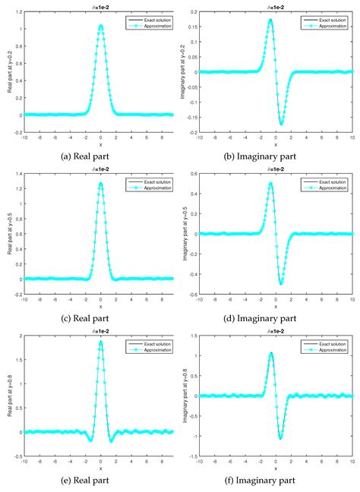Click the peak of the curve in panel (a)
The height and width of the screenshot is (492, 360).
[101, 26]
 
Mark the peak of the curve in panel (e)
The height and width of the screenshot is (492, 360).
[101, 342]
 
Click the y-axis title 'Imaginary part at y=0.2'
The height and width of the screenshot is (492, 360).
[184, 70]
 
